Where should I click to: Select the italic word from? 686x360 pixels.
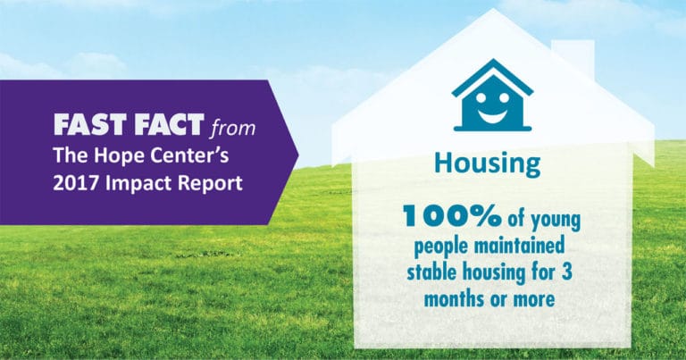[232, 128]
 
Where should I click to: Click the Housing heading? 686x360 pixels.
[488, 164]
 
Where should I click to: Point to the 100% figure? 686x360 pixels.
[452, 216]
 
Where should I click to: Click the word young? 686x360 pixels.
[556, 221]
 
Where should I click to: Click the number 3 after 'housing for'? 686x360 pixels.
[566, 272]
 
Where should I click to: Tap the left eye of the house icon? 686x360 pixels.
[481, 97]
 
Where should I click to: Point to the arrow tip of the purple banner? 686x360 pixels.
[298, 153]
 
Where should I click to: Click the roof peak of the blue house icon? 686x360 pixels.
[493, 60]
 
